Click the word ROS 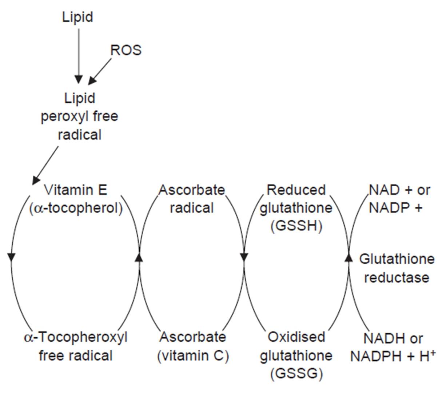click(x=126, y=50)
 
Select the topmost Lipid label click(x=77, y=17)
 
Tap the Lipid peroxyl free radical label click(x=79, y=116)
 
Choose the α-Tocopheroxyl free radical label click(x=76, y=346)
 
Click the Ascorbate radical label click(x=192, y=199)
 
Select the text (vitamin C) click(x=193, y=356)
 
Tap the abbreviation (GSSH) click(x=296, y=226)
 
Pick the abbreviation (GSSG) click(x=296, y=374)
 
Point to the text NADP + click(x=395, y=208)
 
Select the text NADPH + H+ click(x=393, y=356)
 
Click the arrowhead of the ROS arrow click(x=93, y=80)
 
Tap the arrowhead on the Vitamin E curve click(x=11, y=257)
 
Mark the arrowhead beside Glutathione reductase click(x=349, y=257)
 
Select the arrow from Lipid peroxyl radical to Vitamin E click(x=45, y=166)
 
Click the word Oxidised click(x=296, y=337)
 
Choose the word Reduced click(x=296, y=190)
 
